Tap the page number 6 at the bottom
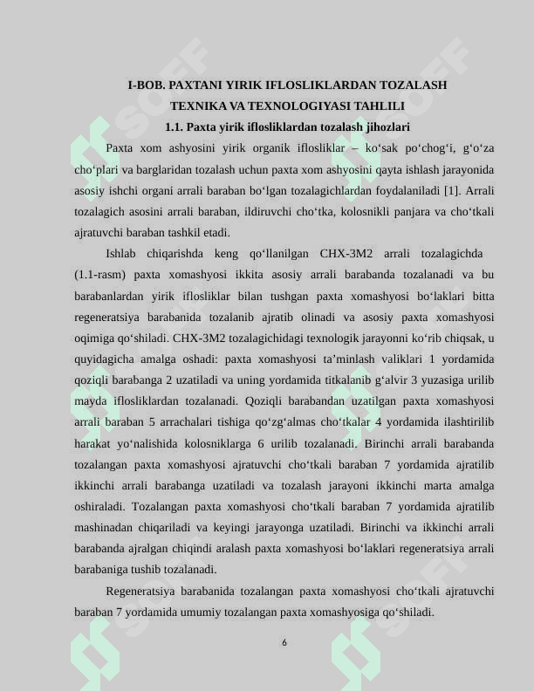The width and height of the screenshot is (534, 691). [x=284, y=643]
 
